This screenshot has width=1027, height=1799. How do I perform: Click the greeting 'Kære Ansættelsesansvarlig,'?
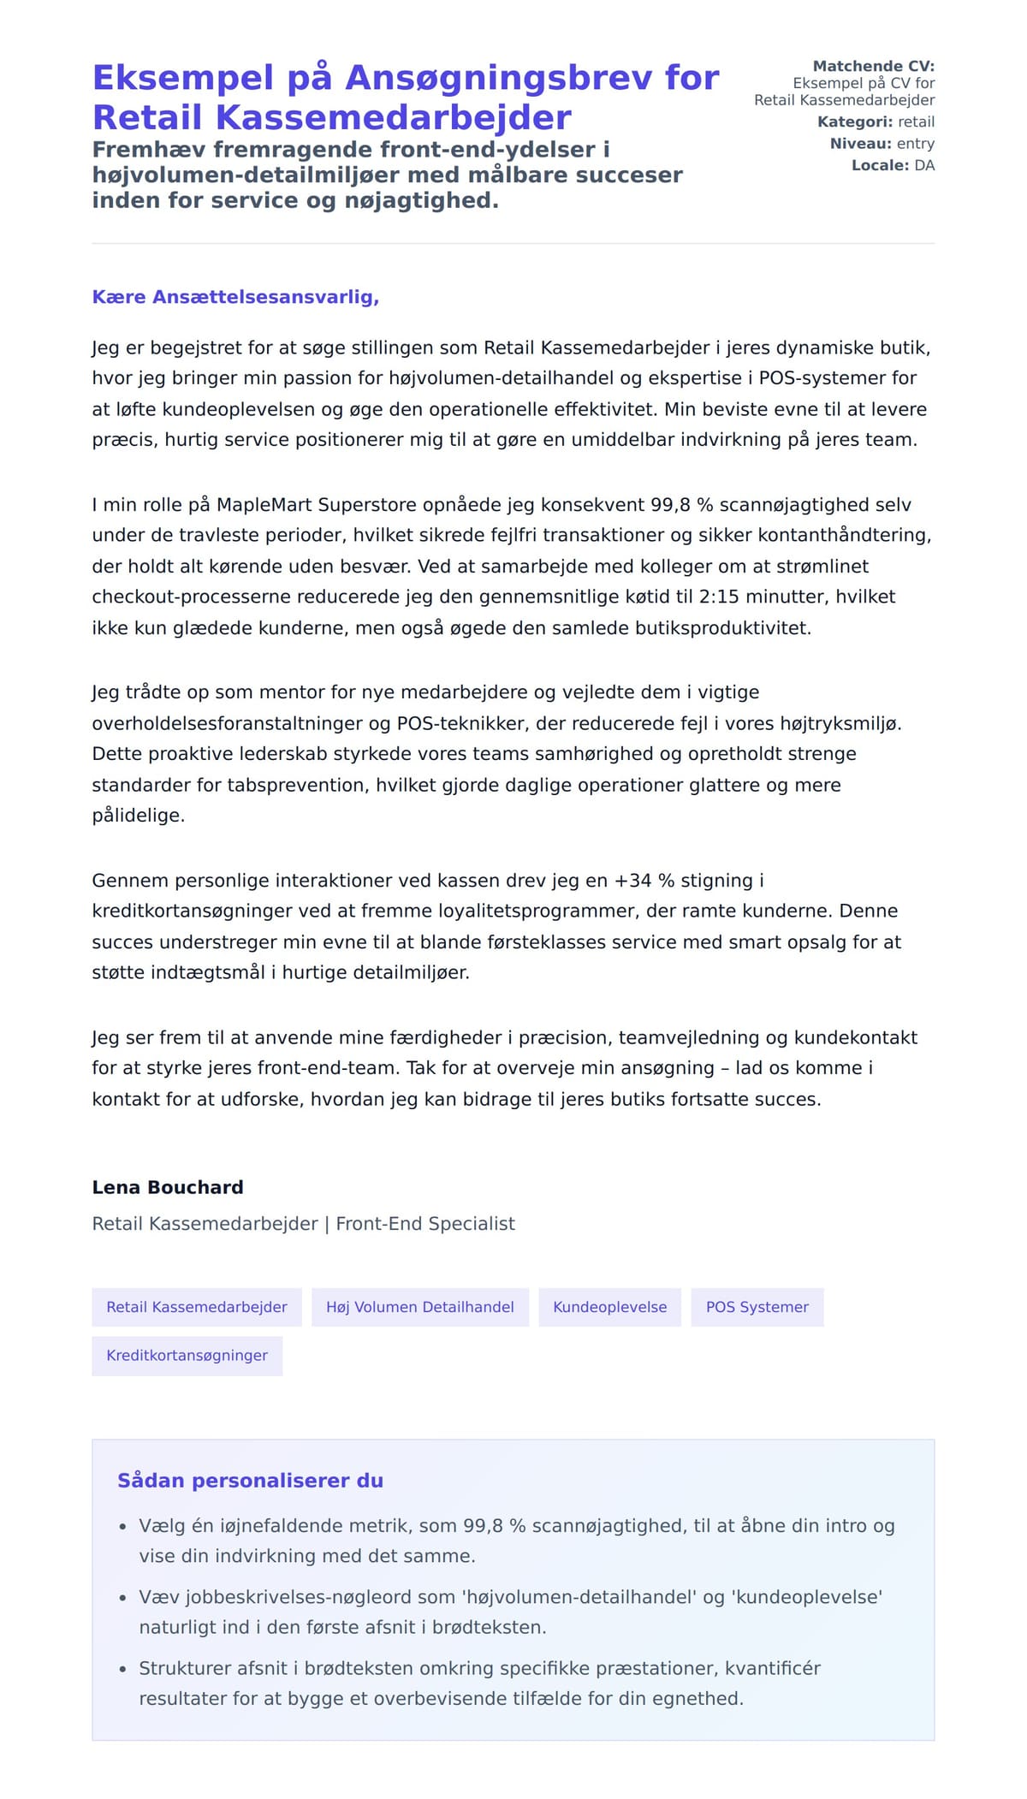235,297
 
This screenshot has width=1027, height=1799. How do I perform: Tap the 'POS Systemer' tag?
757,1307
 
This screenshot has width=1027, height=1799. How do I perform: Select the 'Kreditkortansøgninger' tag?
187,1355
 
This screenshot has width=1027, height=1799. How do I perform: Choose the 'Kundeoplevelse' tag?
609,1307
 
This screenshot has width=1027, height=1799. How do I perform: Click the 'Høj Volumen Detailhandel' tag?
419,1307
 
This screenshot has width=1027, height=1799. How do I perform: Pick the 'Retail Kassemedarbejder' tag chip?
196,1307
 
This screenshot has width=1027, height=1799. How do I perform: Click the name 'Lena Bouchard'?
168,1187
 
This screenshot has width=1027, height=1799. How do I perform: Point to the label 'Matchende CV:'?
873,66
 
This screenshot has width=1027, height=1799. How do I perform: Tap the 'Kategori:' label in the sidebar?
854,122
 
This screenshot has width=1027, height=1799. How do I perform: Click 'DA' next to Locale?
924,165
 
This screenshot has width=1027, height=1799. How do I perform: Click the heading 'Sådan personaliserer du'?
250,1481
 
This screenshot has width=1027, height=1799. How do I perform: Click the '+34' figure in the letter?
632,881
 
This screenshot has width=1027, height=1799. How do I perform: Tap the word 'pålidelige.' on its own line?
139,816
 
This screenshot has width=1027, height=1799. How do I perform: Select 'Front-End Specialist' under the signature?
425,1224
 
